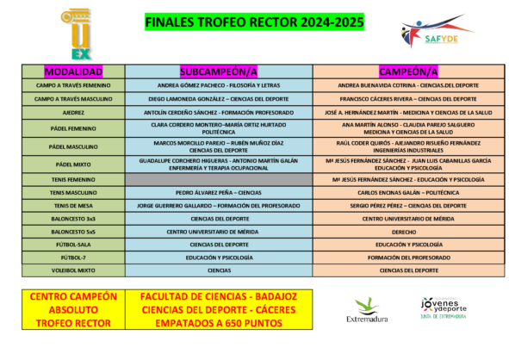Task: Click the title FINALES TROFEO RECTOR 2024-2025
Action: tap(255, 22)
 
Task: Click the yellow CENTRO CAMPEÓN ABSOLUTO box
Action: tap(73, 309)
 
